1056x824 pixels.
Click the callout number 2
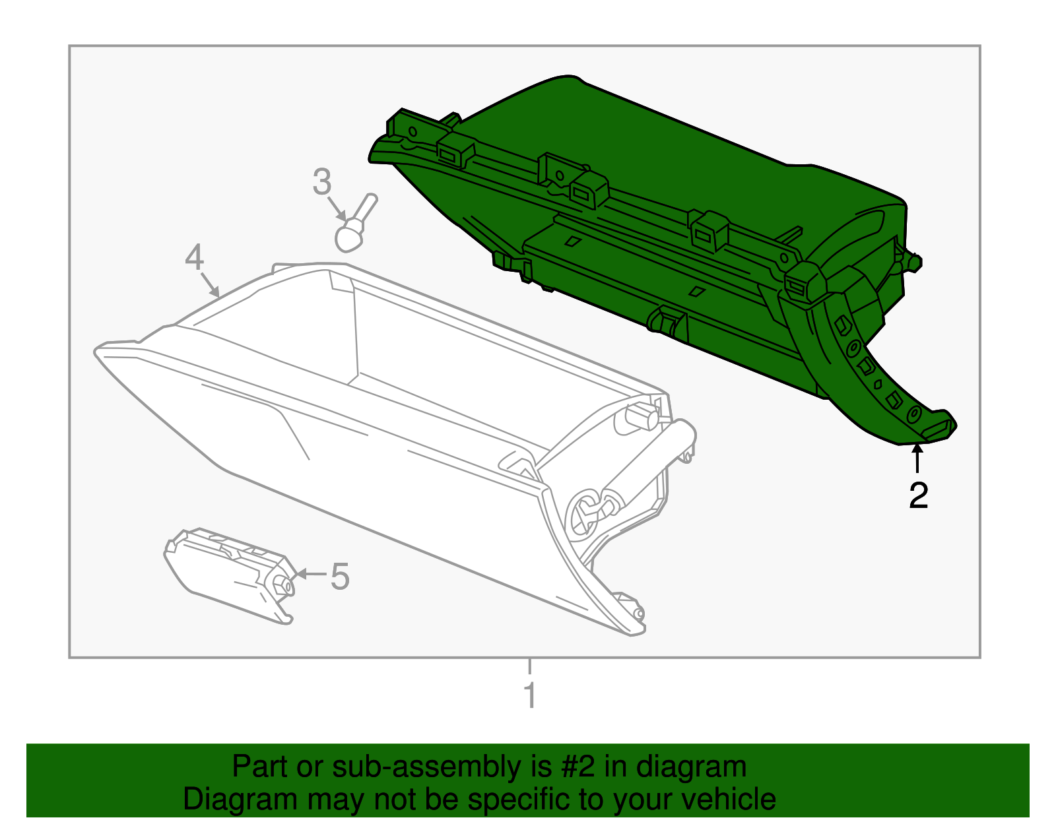coord(918,495)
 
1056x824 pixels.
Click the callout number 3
coord(321,182)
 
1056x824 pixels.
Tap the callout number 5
coord(340,577)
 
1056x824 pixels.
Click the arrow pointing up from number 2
coord(917,458)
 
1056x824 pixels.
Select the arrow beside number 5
coord(311,574)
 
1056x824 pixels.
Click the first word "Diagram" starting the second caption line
coord(240,801)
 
